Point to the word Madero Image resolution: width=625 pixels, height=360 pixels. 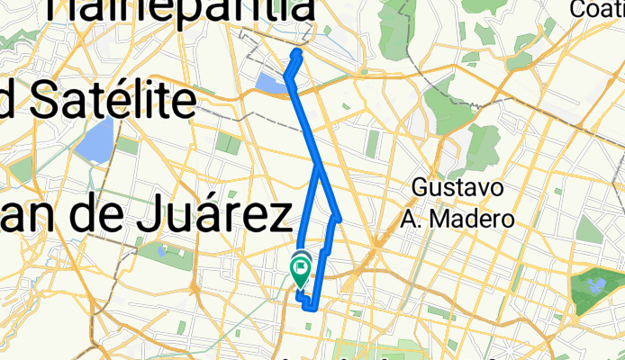476,219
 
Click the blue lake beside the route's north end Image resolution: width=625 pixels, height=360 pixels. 269,84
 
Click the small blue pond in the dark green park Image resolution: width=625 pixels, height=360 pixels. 595,286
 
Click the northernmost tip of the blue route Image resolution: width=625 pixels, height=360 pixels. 297,54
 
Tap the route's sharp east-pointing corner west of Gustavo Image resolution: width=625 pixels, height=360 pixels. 339,217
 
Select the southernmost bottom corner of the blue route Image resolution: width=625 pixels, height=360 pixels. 311,308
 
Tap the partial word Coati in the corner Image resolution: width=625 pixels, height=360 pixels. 596,9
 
